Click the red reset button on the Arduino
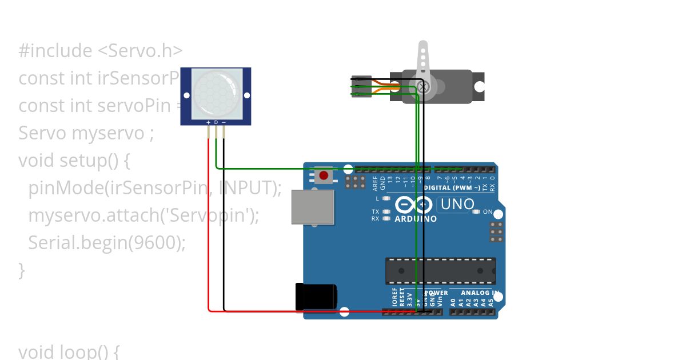click(324, 175)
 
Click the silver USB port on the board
click(312, 206)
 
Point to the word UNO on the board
click(457, 204)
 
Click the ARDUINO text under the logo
click(416, 219)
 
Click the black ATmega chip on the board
click(440, 271)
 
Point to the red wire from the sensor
click(209, 229)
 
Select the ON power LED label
click(488, 211)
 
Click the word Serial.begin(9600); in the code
click(107, 243)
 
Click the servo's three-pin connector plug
click(361, 87)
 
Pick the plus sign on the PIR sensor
click(208, 122)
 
